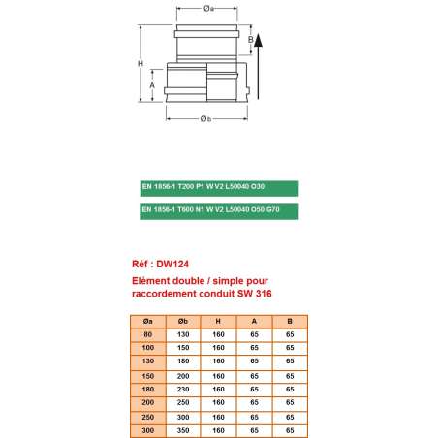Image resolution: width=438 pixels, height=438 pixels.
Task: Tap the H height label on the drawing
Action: (x=141, y=64)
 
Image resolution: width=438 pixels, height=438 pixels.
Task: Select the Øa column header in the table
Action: (x=147, y=322)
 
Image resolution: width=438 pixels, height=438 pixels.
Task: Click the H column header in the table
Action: (x=219, y=322)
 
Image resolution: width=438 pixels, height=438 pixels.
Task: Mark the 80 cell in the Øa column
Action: (x=147, y=334)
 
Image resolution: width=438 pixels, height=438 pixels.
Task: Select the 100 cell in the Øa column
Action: (x=147, y=347)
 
